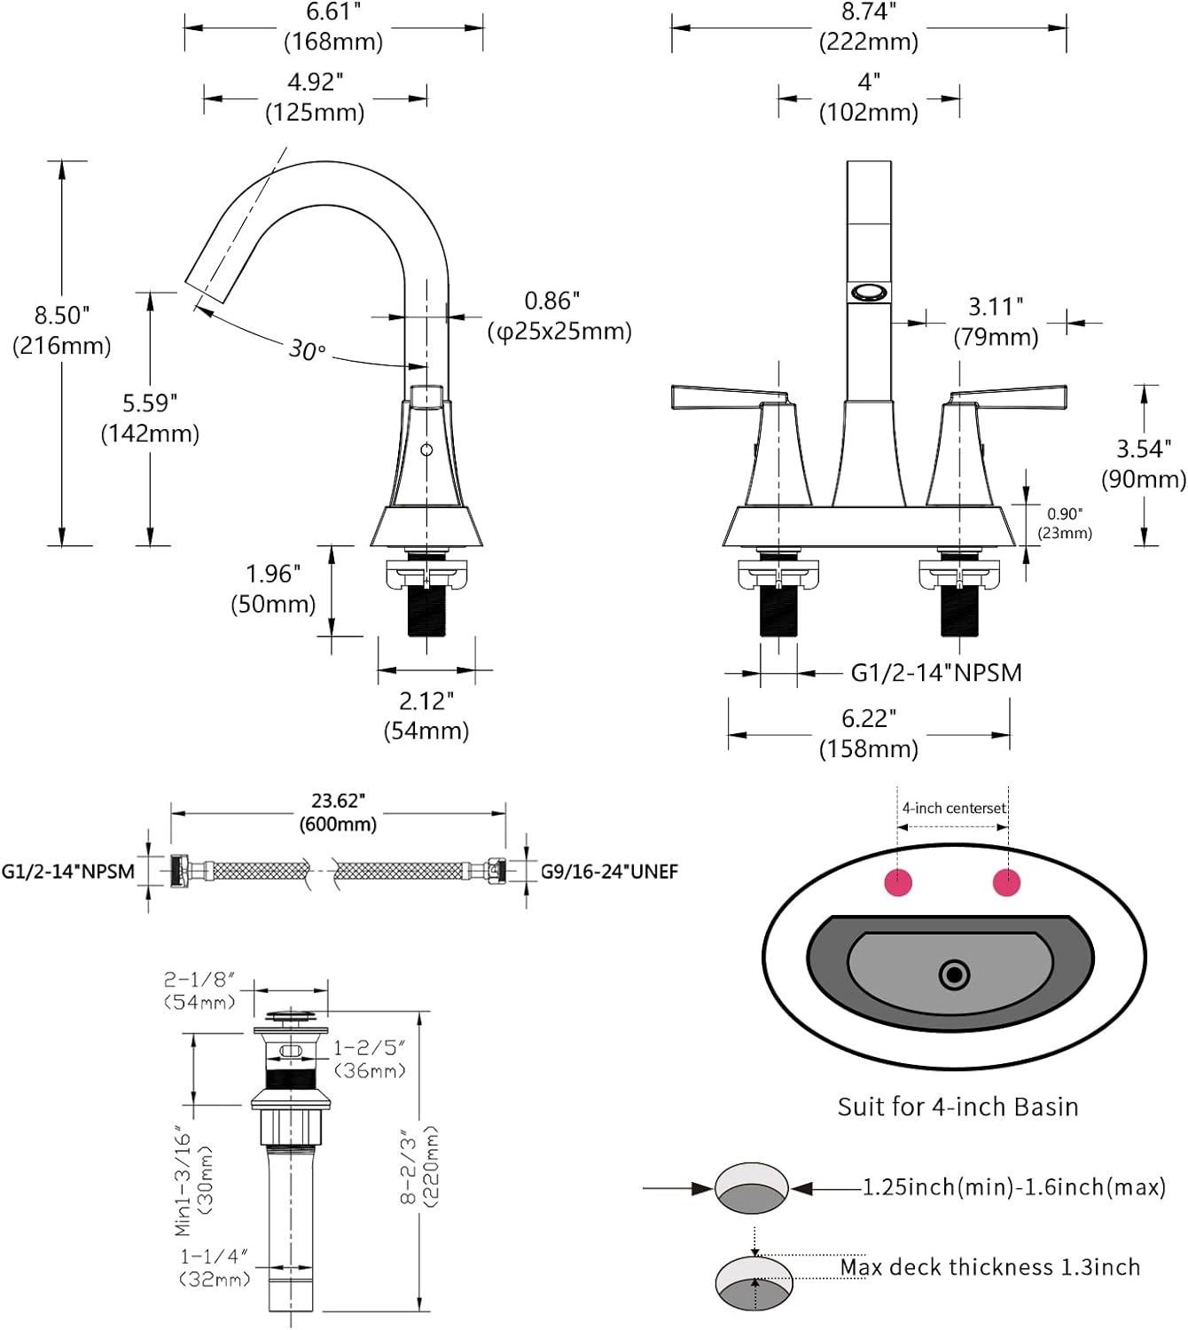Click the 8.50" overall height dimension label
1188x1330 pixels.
[x=62, y=330]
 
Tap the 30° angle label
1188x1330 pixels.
[x=307, y=350]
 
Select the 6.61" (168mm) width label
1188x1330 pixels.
[x=333, y=27]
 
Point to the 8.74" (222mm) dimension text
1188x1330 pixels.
[x=869, y=27]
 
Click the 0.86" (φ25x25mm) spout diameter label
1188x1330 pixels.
[x=559, y=317]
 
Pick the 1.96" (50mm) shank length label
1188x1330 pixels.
[x=273, y=589]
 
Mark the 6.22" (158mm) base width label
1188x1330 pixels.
[x=869, y=733]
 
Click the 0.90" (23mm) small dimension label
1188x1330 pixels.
[x=1065, y=523]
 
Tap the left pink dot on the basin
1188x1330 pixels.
[x=898, y=882]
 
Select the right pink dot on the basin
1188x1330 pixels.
[x=1006, y=882]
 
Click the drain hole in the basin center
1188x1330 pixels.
[x=954, y=975]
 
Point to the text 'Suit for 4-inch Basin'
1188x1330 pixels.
[x=957, y=1107]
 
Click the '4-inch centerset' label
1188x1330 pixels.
[x=954, y=808]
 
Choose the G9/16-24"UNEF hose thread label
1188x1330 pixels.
[x=609, y=872]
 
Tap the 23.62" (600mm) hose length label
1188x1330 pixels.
[x=338, y=812]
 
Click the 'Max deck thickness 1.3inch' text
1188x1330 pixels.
[x=989, y=1267]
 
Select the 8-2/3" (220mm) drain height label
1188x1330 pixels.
[x=419, y=1166]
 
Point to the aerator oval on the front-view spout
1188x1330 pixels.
[x=869, y=292]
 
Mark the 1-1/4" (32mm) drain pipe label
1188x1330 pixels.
[x=215, y=1267]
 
